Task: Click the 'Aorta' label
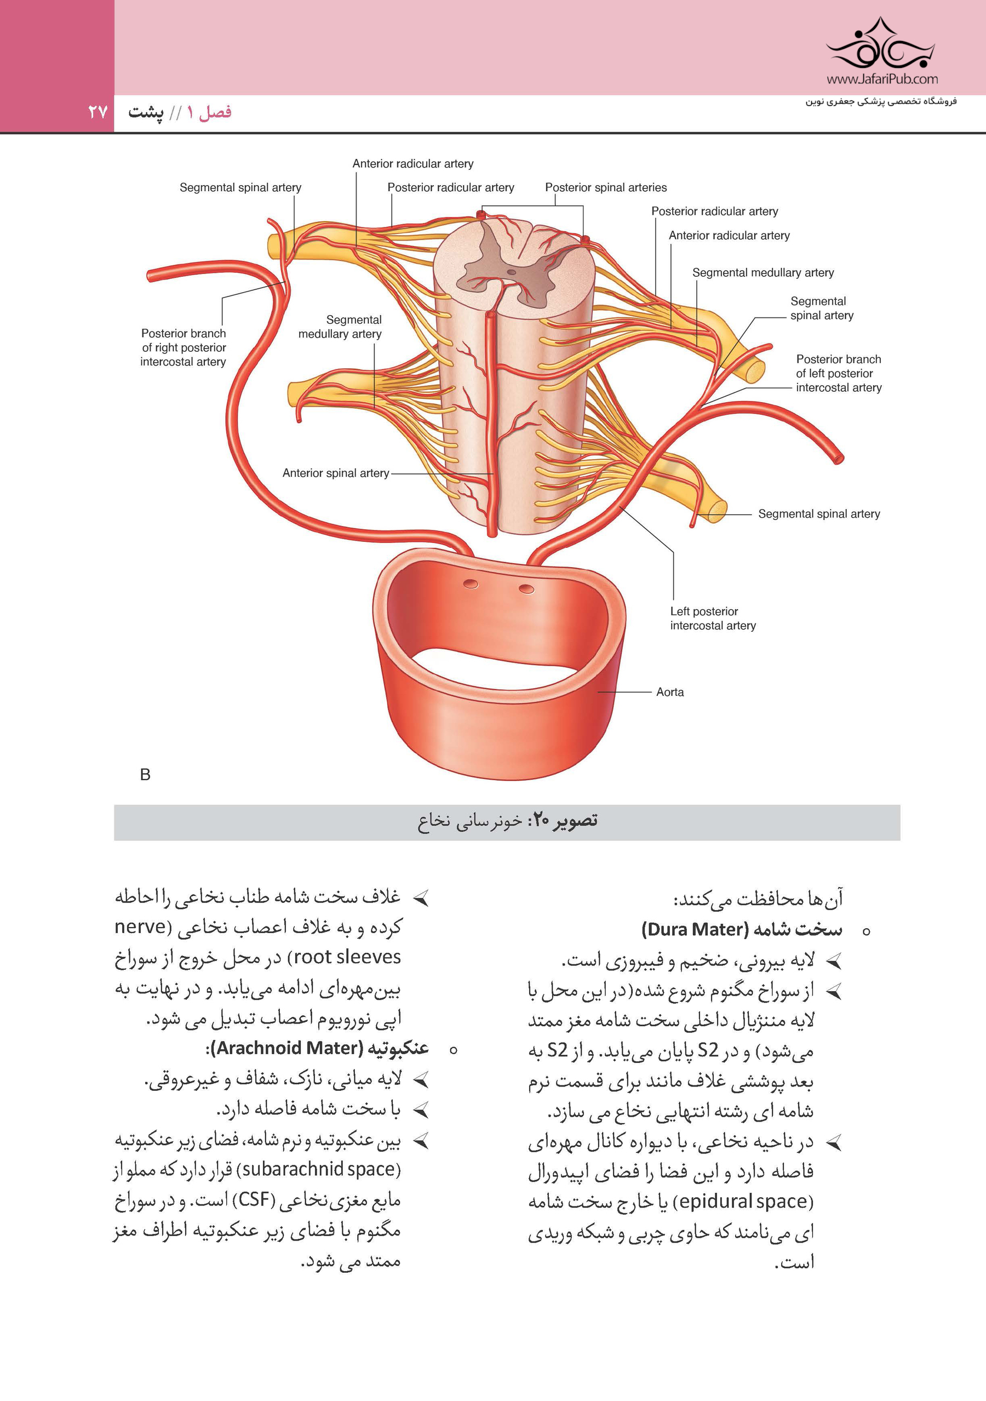[669, 692]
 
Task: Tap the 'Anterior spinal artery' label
[336, 473]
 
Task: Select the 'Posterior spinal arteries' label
[605, 187]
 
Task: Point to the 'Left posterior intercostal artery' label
[713, 618]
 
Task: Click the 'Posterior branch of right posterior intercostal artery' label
[183, 347]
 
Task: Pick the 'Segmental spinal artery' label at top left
[240, 187]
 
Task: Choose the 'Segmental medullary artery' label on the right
[763, 273]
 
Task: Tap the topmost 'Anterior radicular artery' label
[412, 163]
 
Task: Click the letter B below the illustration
[145, 774]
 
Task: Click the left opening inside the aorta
[471, 584]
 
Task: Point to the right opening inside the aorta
[526, 589]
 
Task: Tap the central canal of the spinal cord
[511, 272]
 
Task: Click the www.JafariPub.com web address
[882, 79]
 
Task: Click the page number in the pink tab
[98, 112]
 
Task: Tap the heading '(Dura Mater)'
[695, 929]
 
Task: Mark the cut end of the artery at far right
[839, 458]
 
